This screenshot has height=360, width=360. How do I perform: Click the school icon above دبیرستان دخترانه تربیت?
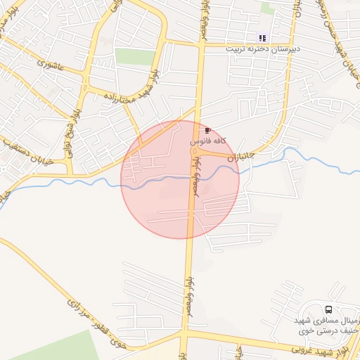tap(262, 38)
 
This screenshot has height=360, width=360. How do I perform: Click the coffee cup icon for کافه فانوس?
tap(207, 131)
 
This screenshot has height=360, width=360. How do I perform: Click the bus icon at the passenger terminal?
tap(328, 309)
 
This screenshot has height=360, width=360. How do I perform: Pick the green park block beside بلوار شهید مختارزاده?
tap(134, 57)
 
